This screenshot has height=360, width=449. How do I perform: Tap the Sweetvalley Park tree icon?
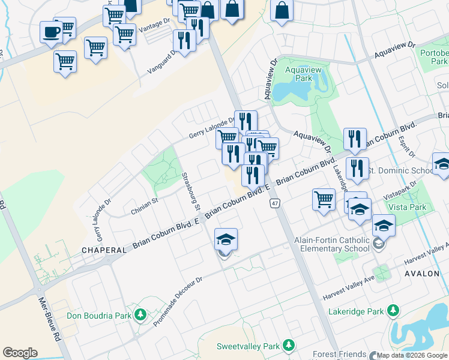pyautogui.click(x=289, y=346)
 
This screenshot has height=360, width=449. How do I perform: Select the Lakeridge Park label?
pyautogui.click(x=355, y=311)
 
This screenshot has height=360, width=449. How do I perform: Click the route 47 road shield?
pyautogui.click(x=275, y=203)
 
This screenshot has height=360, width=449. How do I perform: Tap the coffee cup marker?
pyautogui.click(x=52, y=31)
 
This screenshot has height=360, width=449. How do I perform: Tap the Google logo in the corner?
pyautogui.click(x=20, y=353)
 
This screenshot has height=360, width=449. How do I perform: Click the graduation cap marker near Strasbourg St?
pyautogui.click(x=226, y=240)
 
